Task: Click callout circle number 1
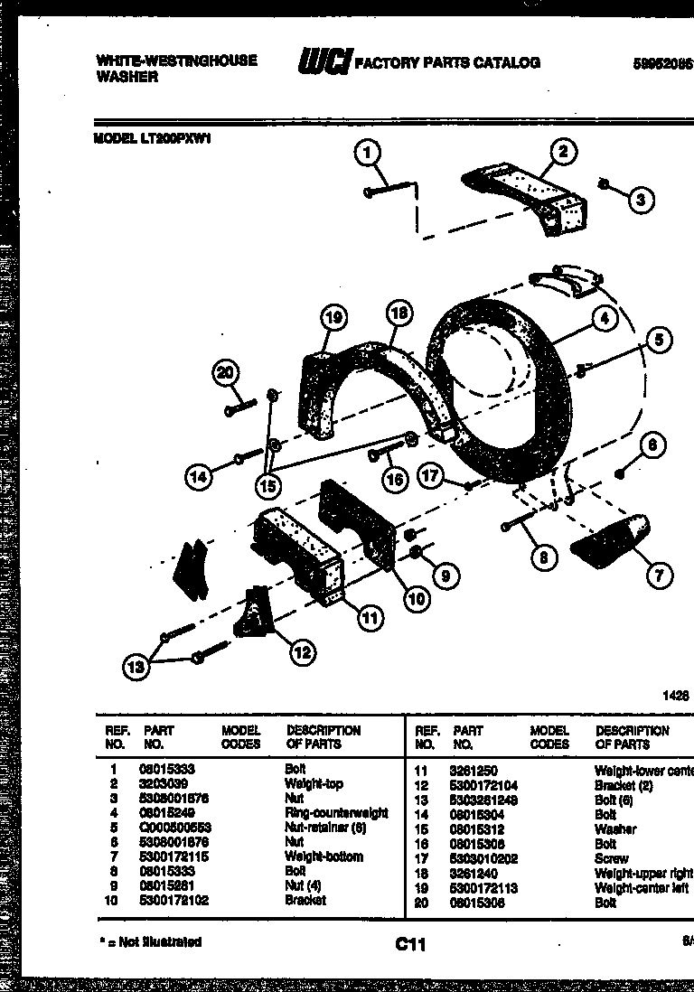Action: (x=368, y=154)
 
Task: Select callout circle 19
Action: (x=333, y=316)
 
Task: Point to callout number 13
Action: (x=136, y=668)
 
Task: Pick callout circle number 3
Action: (x=640, y=200)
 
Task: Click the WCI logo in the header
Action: (x=323, y=62)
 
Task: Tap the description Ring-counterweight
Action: (x=335, y=813)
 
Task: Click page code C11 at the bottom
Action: (x=409, y=944)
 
